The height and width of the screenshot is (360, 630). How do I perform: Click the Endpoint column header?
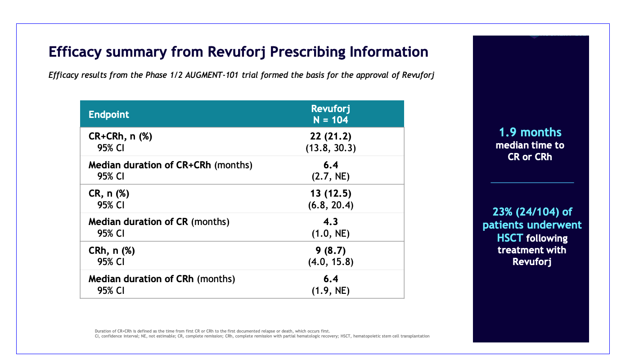point(109,114)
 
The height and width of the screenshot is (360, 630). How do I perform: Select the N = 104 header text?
point(331,120)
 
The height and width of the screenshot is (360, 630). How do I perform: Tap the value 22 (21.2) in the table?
point(331,137)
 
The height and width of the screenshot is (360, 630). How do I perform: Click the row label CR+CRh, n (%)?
point(121,137)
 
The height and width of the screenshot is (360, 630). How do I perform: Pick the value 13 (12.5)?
point(331,193)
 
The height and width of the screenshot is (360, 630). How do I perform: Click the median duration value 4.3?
point(331,222)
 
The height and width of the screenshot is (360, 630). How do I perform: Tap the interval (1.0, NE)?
point(331,234)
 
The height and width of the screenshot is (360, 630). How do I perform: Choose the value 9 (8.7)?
point(331,251)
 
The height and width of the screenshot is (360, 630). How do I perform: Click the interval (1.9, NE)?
point(331,291)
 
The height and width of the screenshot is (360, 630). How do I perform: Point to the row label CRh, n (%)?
point(112,251)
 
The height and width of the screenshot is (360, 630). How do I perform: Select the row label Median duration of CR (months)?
point(159,222)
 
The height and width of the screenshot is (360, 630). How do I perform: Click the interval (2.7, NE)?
point(331,177)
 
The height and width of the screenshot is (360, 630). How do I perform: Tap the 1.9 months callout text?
point(530,132)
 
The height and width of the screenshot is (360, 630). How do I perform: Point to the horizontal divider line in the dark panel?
point(532,183)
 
